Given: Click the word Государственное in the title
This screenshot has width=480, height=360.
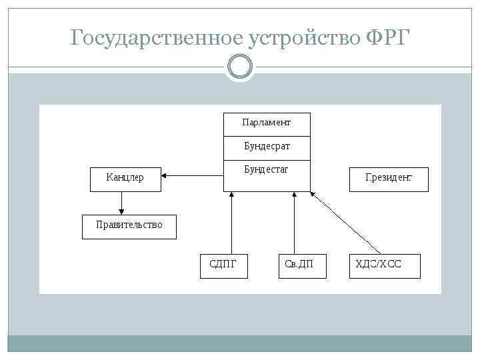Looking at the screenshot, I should click(x=157, y=39).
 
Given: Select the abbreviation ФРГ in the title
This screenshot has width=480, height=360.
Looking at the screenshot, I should click(x=391, y=39).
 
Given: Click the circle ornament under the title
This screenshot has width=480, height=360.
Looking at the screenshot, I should click(x=240, y=67).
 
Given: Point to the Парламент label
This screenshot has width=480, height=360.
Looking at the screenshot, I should click(x=266, y=123).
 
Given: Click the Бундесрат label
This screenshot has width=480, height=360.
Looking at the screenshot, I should click(x=266, y=145).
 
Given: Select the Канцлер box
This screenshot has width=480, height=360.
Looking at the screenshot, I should click(x=125, y=179).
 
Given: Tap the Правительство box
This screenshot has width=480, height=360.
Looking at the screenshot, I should click(x=129, y=226).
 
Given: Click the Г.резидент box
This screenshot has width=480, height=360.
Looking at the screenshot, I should click(x=389, y=179).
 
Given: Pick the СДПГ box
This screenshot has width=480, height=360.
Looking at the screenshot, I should click(x=224, y=265).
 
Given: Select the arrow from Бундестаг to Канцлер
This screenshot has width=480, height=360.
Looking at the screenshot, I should click(x=193, y=176).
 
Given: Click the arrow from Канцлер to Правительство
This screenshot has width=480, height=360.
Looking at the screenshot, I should click(x=121, y=203).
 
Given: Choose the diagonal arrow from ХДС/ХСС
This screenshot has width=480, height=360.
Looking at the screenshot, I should click(x=347, y=223).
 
